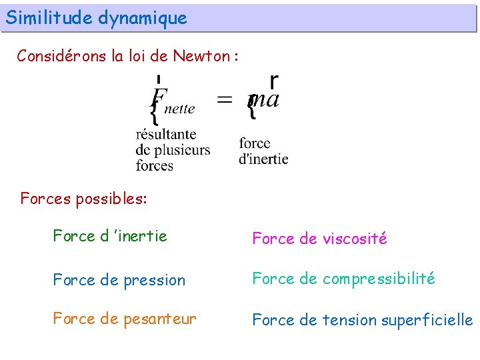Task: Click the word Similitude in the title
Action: pyautogui.click(x=49, y=18)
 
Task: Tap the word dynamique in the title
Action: pyautogui.click(x=143, y=19)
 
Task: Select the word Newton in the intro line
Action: pyautogui.click(x=201, y=56)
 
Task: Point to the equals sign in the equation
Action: pyautogui.click(x=225, y=100)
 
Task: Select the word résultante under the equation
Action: pyautogui.click(x=166, y=135)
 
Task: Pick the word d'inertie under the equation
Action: pyautogui.click(x=263, y=159)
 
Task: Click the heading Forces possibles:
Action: pyautogui.click(x=83, y=199)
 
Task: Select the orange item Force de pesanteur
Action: pyautogui.click(x=125, y=319)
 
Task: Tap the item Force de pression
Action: pyautogui.click(x=119, y=280)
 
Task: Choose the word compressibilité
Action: pyautogui.click(x=379, y=279)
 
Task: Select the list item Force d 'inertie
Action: pyautogui.click(x=110, y=236)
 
